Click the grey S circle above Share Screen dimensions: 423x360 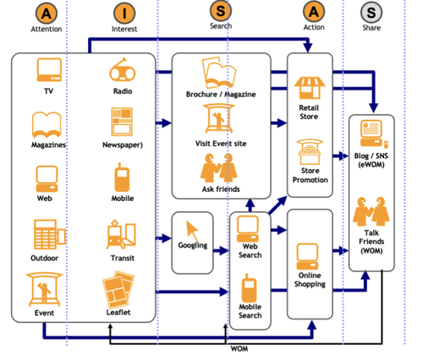pos(371,13)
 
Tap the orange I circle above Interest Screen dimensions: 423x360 pos(124,14)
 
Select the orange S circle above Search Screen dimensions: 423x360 pos(221,11)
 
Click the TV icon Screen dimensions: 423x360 pos(49,70)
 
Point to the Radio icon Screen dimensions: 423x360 pos(123,69)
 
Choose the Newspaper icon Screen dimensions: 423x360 pos(122,122)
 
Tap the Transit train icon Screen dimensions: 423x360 pos(121,234)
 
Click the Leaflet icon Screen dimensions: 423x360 pos(118,289)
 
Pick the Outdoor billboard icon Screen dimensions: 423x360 pos(50,234)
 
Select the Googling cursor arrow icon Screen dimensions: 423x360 pos(192,231)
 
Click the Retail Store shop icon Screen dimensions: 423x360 pos(310,88)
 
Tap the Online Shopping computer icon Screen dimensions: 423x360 pos(307,257)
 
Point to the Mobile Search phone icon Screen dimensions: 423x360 pos(250,288)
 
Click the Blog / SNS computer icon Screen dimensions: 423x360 pos(373,134)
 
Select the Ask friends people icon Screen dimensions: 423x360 pos(219,168)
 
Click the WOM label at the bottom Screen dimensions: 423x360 pos(239,349)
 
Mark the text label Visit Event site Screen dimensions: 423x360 pos(221,144)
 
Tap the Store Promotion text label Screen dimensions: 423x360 pos(310,175)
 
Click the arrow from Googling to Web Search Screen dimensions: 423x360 pos(221,250)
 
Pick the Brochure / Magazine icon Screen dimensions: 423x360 pos(219,73)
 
